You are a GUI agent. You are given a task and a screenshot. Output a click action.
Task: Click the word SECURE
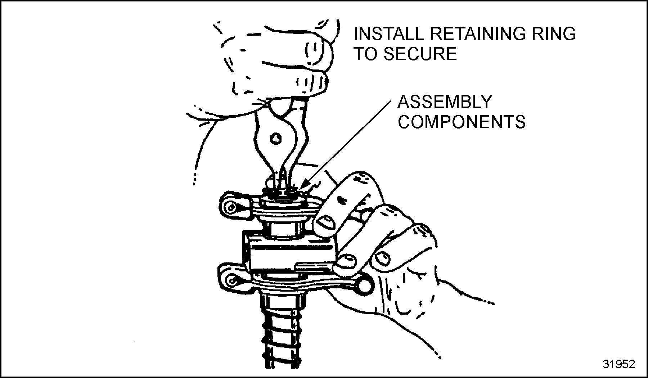click(x=420, y=54)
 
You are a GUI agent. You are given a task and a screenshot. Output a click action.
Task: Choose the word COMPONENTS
click(x=462, y=122)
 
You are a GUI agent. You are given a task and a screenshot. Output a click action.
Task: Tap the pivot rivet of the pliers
click(x=276, y=138)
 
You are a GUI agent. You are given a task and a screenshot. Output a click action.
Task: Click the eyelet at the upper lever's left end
click(x=230, y=208)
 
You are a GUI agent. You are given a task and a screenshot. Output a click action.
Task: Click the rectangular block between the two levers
click(x=292, y=256)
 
